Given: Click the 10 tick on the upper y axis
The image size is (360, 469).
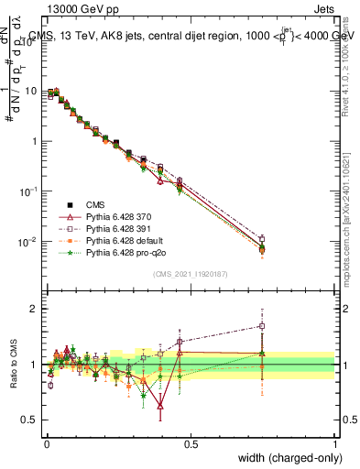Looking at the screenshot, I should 31,91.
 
